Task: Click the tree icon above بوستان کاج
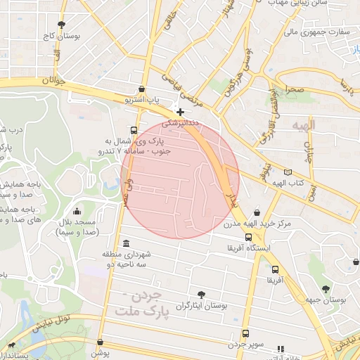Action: pyautogui.click(x=62, y=24)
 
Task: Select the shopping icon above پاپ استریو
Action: pyautogui.click(x=143, y=89)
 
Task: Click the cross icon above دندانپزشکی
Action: pyautogui.click(x=181, y=112)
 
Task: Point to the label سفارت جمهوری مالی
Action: pyautogui.click(x=316, y=32)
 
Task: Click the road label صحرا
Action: pyautogui.click(x=295, y=89)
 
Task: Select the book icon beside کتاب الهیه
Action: pyautogui.click(x=287, y=172)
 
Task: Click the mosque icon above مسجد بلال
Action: pyautogui.click(x=77, y=210)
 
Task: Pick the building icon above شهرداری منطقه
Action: pyautogui.click(x=125, y=243)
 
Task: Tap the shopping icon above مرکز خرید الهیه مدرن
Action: pyautogui.click(x=257, y=212)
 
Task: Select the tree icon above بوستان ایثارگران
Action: pyautogui.click(x=202, y=295)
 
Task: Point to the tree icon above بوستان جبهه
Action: pyautogui.click(x=326, y=288)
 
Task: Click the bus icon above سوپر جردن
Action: pyautogui.click(x=245, y=333)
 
